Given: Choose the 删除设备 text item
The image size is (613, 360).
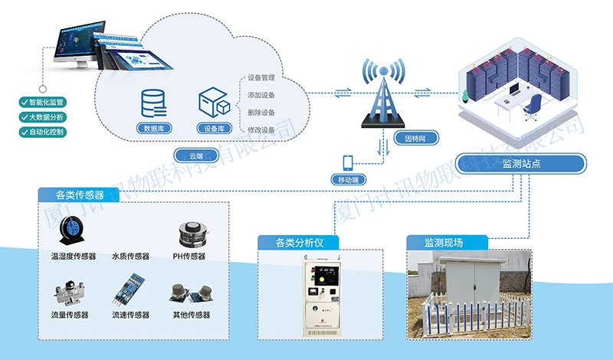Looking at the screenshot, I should point(261,113).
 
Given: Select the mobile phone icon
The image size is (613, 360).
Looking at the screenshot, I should point(348,163).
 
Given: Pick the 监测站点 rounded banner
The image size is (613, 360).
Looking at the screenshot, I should point(521,163).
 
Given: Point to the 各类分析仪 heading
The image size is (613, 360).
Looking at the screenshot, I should point(300,243).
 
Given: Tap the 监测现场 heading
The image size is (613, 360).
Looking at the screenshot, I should point(444,243).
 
